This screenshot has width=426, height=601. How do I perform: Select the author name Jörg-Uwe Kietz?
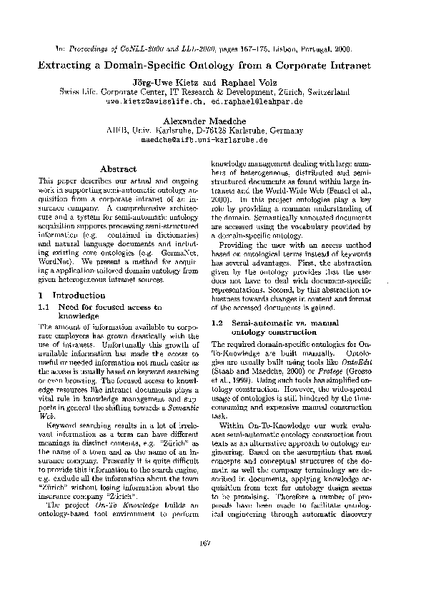[167, 83]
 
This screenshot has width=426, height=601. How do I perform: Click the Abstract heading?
[119, 169]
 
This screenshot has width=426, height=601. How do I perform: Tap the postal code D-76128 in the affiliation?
[212, 131]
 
